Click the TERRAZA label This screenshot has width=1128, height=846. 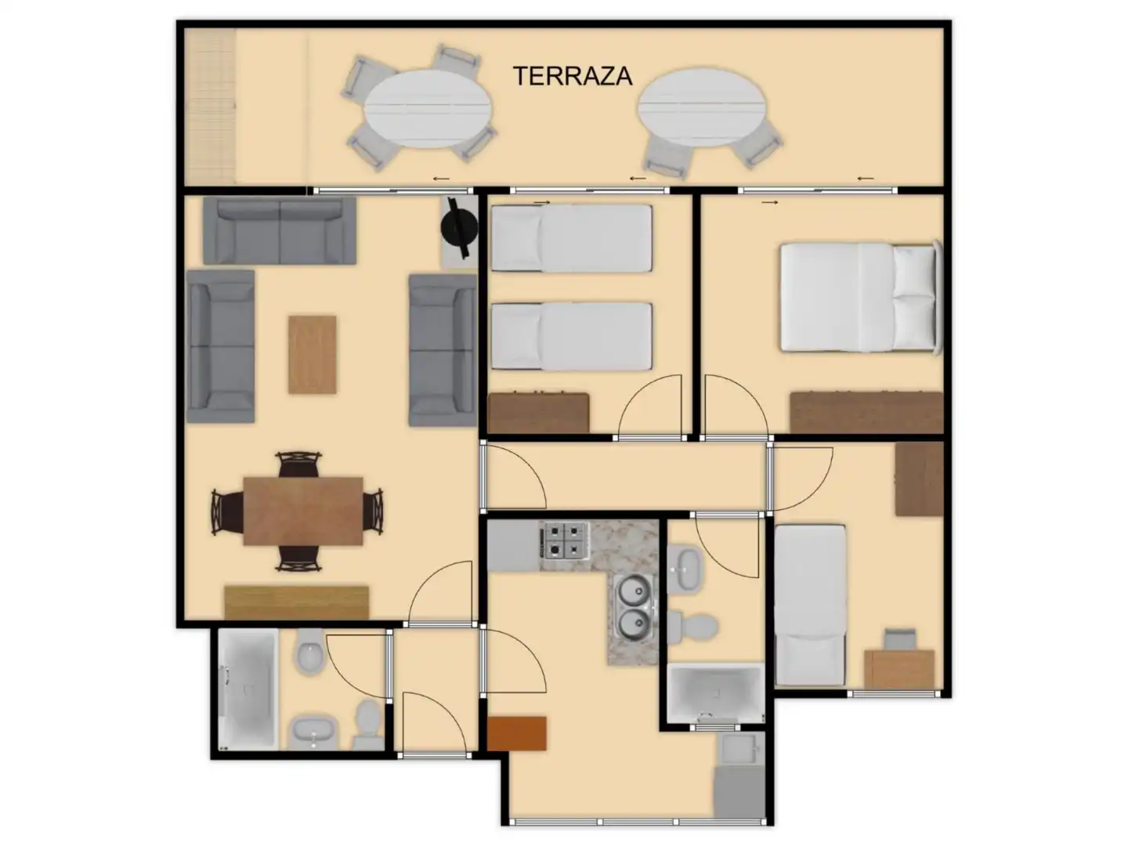pyautogui.click(x=573, y=77)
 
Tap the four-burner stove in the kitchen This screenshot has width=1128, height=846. pyautogui.click(x=565, y=540)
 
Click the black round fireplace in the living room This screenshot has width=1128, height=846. pyautogui.click(x=459, y=227)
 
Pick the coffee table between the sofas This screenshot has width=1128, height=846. pyautogui.click(x=312, y=355)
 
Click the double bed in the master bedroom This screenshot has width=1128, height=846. pyautogui.click(x=861, y=297)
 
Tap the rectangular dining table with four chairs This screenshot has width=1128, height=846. pyautogui.click(x=302, y=511)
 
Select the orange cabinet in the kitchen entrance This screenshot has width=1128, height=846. pyautogui.click(x=516, y=733)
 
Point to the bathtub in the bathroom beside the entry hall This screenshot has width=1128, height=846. pyautogui.click(x=248, y=689)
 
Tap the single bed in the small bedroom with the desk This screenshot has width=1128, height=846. pyautogui.click(x=811, y=605)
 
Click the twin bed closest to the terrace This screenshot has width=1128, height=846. pyautogui.click(x=572, y=238)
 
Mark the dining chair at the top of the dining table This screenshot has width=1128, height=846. pyautogui.click(x=298, y=464)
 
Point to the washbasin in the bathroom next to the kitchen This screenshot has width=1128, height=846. pyautogui.click(x=684, y=569)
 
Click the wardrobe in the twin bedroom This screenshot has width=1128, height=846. pyautogui.click(x=539, y=413)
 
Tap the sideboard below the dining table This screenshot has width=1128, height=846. pyautogui.click(x=297, y=602)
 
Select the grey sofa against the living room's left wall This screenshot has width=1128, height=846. pyautogui.click(x=220, y=347)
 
